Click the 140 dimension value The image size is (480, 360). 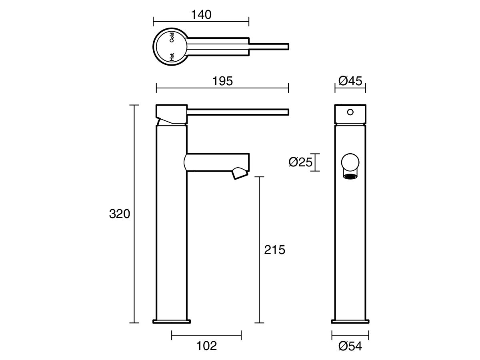(x=201, y=15)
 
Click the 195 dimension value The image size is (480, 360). (x=223, y=81)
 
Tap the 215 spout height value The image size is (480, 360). (x=275, y=250)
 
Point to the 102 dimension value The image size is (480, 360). (x=207, y=346)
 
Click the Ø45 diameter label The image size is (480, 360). (x=350, y=81)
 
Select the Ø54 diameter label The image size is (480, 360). (x=350, y=346)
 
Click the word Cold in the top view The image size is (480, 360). (x=171, y=37)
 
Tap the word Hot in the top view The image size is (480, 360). (x=171, y=57)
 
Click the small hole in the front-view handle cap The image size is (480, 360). (x=350, y=112)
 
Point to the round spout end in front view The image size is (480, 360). (x=350, y=162)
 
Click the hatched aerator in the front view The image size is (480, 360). (x=350, y=176)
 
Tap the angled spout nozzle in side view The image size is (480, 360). (x=239, y=174)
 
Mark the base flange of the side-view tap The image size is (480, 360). (x=172, y=321)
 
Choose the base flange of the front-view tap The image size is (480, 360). (x=350, y=321)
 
